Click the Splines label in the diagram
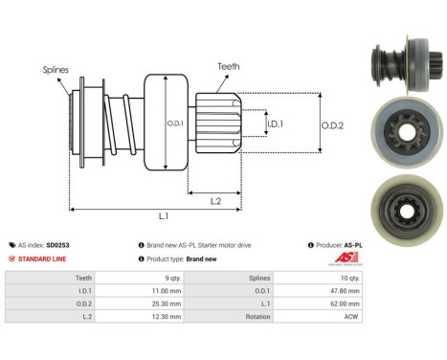click(55, 70)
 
